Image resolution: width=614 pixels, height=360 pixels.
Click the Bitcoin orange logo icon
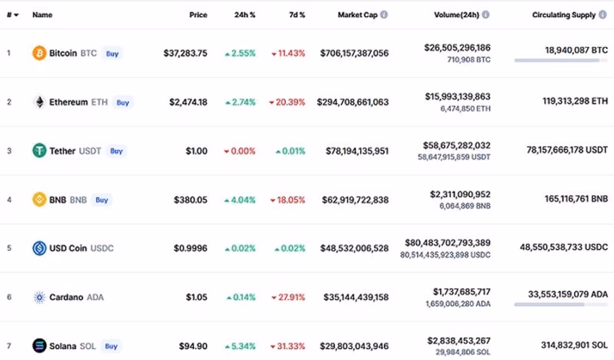click(39, 53)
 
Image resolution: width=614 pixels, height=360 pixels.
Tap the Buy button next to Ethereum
click(123, 102)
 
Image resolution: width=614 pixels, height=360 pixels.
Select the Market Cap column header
click(357, 15)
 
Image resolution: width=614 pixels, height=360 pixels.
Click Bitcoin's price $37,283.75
click(185, 53)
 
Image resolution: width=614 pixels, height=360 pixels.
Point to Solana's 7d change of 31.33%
click(288, 346)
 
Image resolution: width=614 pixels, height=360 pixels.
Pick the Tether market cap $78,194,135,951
click(357, 151)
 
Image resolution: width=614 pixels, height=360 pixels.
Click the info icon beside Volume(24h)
click(485, 15)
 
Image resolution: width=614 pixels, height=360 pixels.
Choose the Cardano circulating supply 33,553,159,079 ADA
click(567, 294)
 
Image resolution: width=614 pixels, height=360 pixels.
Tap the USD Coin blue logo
click(39, 248)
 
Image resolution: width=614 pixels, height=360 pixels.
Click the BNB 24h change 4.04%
click(240, 200)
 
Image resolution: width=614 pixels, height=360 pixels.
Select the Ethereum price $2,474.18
click(188, 102)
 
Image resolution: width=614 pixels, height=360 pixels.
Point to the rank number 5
click(9, 248)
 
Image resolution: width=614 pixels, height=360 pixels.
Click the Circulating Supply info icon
click(602, 15)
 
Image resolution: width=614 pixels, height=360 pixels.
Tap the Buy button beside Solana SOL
click(111, 346)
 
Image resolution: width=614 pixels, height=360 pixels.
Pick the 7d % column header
click(297, 15)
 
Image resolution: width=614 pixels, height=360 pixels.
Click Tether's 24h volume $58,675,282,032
click(456, 145)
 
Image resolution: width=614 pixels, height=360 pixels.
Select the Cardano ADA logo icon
click(39, 297)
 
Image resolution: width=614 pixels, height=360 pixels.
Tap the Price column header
click(198, 15)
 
